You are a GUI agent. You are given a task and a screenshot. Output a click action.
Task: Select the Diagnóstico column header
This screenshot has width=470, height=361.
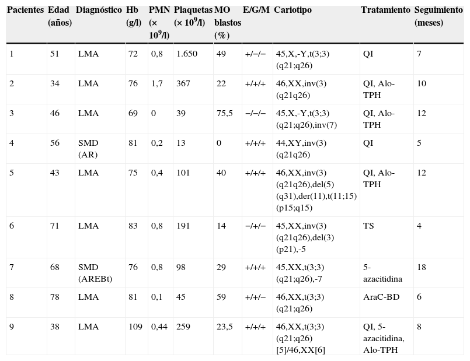click(99, 10)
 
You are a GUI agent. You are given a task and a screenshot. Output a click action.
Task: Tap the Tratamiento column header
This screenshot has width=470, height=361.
click(385, 10)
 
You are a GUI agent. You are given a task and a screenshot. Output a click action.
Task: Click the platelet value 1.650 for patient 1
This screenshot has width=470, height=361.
click(187, 54)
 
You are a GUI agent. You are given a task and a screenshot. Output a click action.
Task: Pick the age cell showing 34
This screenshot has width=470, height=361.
click(54, 83)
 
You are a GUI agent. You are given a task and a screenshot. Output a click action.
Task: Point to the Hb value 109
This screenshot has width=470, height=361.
click(135, 327)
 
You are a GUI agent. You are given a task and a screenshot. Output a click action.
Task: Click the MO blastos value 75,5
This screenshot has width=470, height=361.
click(225, 113)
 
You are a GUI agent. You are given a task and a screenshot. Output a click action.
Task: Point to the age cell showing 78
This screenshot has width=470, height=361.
click(54, 297)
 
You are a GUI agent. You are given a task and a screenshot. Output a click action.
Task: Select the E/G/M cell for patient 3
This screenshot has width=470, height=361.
click(255, 113)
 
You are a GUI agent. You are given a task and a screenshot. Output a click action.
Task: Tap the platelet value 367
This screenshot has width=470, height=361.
click(183, 83)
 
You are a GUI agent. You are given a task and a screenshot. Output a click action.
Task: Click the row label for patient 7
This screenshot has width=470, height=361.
click(12, 267)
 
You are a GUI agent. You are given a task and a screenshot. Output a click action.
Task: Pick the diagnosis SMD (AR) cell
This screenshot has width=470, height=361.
click(89, 149)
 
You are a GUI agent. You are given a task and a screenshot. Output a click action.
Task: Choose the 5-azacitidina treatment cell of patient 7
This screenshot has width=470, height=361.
click(383, 273)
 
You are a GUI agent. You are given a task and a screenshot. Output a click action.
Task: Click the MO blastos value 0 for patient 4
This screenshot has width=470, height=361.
click(219, 143)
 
